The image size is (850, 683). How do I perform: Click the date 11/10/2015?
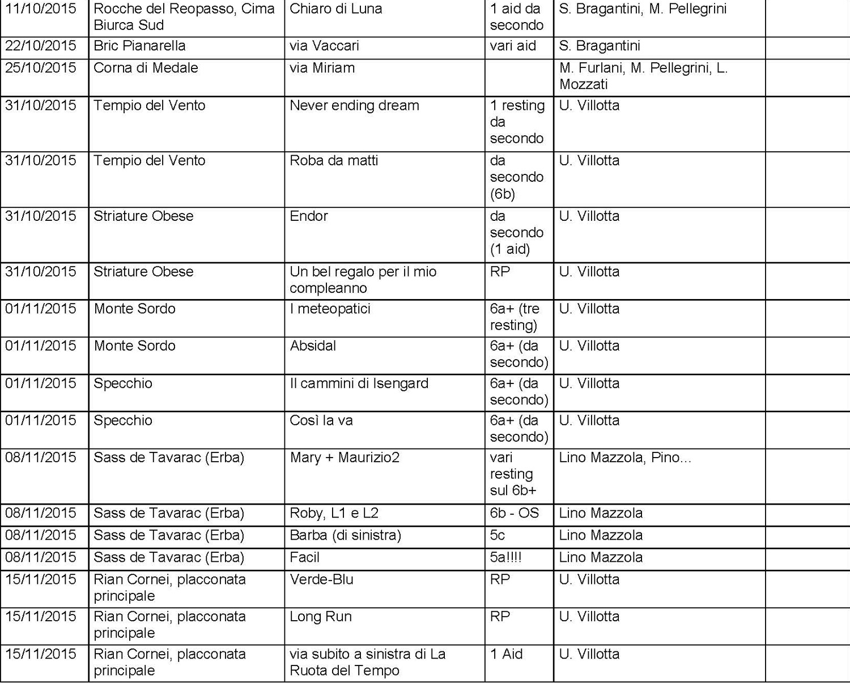(41, 9)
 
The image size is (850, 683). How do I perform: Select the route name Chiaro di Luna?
(336, 9)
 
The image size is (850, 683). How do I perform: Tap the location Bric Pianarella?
(139, 46)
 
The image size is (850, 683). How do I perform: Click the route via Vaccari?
(324, 46)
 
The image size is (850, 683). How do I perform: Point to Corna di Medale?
(146, 68)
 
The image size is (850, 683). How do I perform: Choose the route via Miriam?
(322, 68)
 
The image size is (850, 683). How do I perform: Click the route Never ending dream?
(354, 105)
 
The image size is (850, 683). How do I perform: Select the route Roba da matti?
(334, 160)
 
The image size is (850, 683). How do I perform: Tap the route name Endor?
(309, 216)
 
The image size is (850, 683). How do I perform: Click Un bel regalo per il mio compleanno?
(363, 279)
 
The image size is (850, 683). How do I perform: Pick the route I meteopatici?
(330, 309)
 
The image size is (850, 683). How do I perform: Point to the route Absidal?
(313, 345)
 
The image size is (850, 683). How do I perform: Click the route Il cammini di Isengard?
(359, 383)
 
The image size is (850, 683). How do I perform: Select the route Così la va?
(321, 420)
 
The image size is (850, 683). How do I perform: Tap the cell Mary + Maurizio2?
(345, 457)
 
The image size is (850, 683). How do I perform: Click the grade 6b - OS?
(514, 513)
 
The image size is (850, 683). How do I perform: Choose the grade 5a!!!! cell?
(505, 557)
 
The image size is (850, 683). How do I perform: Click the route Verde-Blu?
(321, 579)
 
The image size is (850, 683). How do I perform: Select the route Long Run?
(321, 616)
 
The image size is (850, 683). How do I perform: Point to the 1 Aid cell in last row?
(506, 654)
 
